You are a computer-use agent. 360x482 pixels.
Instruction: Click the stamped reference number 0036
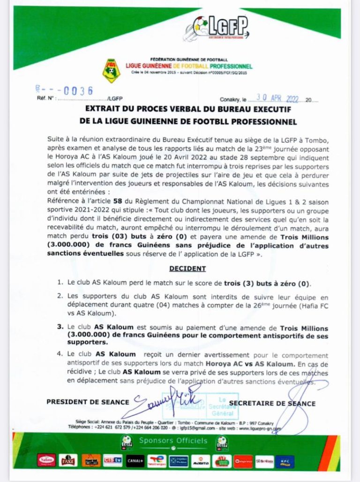click(x=77, y=91)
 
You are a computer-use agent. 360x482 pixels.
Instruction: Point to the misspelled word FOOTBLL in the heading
click(x=223, y=123)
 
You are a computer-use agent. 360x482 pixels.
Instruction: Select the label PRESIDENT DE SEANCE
click(x=88, y=402)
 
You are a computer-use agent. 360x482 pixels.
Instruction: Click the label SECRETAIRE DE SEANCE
click(x=272, y=403)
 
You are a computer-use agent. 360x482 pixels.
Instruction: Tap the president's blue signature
click(x=166, y=399)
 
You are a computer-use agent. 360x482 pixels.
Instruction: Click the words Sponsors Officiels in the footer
click(x=173, y=441)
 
